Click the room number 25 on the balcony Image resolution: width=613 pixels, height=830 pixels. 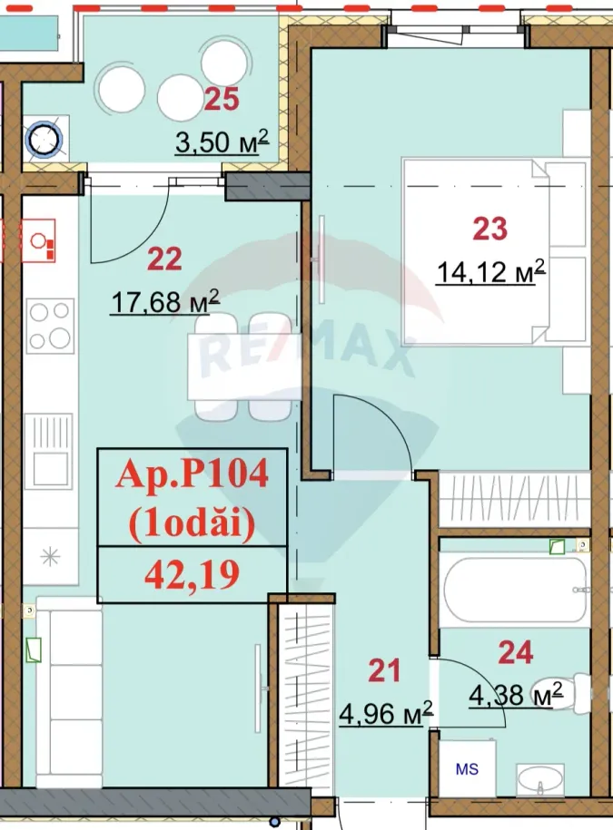point(221,99)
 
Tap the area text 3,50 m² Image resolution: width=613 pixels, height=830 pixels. point(222,142)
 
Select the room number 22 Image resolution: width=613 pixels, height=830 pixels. point(164,259)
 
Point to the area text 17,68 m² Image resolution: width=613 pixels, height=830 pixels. point(164,302)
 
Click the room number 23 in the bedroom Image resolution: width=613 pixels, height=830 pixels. point(489,229)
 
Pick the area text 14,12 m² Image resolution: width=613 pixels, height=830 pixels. point(490,271)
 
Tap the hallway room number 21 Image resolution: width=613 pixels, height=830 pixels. point(384,671)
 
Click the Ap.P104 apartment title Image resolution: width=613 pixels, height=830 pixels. point(192,474)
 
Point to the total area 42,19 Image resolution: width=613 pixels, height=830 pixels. point(192,574)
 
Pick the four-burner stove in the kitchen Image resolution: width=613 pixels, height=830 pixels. point(50,326)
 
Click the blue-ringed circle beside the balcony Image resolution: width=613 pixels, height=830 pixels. point(43,139)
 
